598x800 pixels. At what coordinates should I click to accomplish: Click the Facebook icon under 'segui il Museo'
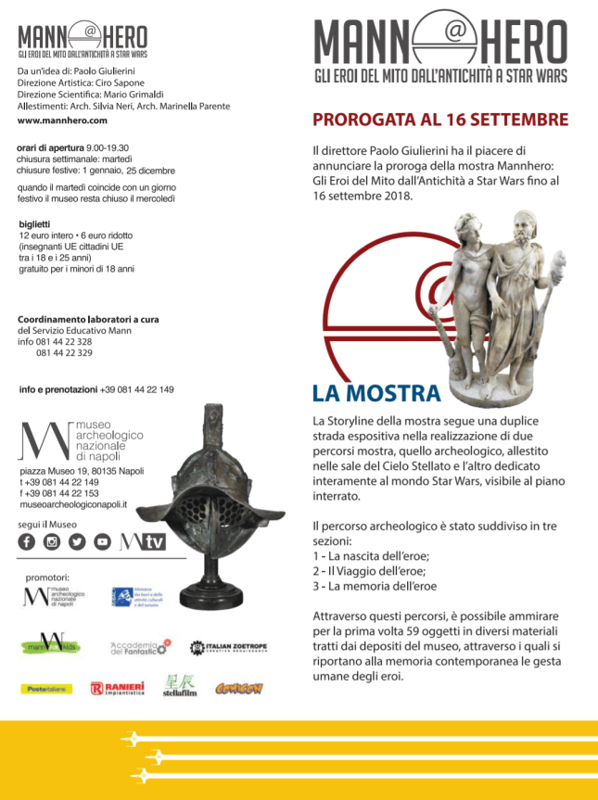(27, 542)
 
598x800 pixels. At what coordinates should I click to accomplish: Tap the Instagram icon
(52, 542)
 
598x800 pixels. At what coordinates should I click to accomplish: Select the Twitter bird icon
(77, 542)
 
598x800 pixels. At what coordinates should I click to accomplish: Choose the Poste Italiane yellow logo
(46, 689)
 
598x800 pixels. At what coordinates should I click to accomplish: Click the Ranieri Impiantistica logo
(118, 689)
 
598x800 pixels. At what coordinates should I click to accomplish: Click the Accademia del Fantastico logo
(141, 646)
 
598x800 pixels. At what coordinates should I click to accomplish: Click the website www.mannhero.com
(62, 121)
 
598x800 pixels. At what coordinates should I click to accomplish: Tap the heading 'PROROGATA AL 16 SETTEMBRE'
(440, 120)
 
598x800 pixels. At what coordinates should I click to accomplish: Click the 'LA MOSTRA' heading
(375, 393)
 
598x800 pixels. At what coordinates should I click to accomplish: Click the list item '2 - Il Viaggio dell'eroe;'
(369, 571)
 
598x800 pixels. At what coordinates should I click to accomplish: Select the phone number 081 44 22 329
(64, 352)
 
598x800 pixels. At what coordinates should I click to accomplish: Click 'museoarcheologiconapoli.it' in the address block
(73, 504)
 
